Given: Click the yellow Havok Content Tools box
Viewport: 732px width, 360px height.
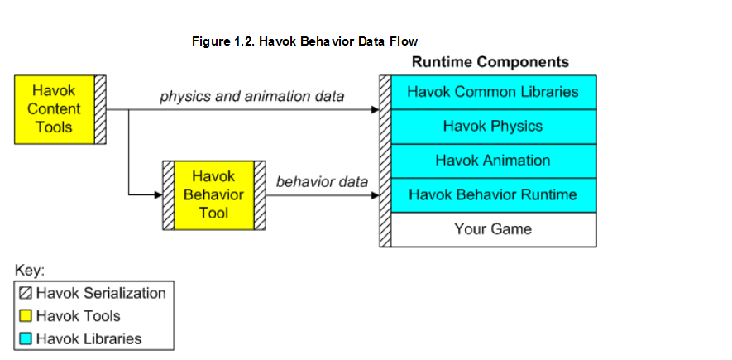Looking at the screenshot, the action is click(x=54, y=109).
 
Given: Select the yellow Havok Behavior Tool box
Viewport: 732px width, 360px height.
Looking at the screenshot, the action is click(x=214, y=195).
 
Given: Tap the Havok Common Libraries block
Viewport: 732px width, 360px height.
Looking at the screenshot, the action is click(x=494, y=92).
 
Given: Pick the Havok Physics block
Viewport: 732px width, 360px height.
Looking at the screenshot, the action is click(x=494, y=127).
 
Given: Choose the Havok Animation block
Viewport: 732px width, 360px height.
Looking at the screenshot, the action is click(x=494, y=161).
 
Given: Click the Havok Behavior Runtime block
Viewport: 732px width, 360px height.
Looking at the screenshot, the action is click(x=494, y=195).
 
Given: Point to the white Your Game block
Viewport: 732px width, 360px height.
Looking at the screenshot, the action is click(x=494, y=229).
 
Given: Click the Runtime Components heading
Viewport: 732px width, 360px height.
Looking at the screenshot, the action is click(x=490, y=62).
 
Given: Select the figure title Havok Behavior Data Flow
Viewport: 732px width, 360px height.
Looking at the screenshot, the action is click(x=305, y=41).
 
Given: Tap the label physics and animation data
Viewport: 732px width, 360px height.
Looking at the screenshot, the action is click(x=252, y=97).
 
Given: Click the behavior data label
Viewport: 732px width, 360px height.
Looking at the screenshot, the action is click(x=322, y=181).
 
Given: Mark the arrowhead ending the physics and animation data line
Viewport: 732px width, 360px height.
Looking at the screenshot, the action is click(x=375, y=110).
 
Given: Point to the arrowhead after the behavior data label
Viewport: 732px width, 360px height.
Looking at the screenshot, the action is click(x=375, y=195).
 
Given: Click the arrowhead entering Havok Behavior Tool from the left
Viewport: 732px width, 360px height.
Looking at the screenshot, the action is click(x=158, y=195).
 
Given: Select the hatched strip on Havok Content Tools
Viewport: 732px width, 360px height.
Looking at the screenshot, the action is click(x=100, y=109).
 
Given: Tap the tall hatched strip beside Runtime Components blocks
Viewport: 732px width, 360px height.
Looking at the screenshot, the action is click(x=385, y=161).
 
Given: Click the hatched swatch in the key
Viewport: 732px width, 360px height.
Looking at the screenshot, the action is click(x=26, y=294).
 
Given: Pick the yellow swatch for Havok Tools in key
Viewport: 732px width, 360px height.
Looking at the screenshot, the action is click(x=26, y=316).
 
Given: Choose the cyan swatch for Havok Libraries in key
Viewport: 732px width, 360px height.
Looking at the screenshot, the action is click(x=26, y=338).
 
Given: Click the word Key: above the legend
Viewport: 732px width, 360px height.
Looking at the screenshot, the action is click(x=30, y=271).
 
